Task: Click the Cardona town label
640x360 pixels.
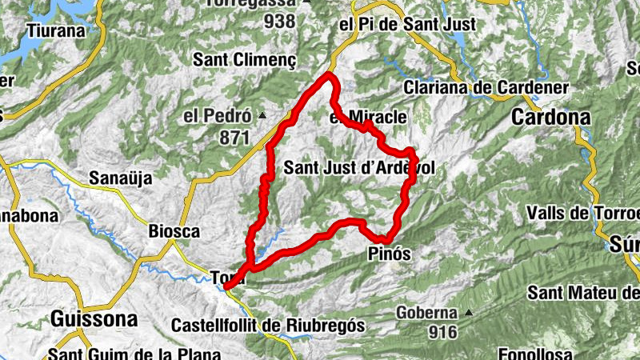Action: click(x=550, y=118)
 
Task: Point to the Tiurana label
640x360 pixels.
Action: click(x=55, y=31)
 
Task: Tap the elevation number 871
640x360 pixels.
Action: click(x=234, y=138)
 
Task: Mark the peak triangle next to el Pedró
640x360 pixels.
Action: click(x=262, y=117)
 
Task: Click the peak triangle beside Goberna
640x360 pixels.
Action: click(x=469, y=313)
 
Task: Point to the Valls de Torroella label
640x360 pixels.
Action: click(x=583, y=214)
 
